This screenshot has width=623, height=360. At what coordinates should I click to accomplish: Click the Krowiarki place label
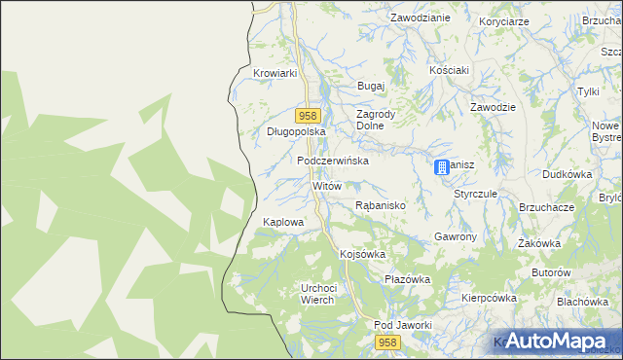pos(274,73)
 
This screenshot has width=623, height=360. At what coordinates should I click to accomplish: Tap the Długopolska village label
pos(295,131)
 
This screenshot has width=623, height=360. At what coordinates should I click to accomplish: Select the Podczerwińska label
pos(333,161)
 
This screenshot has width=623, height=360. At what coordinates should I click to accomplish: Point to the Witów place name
pos(326,185)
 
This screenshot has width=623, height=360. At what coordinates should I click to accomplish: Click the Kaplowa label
pos(283,222)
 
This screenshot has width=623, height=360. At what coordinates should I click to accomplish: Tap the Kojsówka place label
pos(363,254)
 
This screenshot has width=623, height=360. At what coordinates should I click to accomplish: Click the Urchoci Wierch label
pos(318,294)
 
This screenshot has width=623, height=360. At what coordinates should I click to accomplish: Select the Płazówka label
pos(407,279)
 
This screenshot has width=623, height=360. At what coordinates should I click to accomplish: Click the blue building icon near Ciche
pos(442,167)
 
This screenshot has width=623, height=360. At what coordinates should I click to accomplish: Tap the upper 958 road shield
pos(311,114)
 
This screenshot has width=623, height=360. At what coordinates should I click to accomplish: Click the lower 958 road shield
pos(388,342)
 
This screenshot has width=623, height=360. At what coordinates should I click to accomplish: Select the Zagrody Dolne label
pos(376,120)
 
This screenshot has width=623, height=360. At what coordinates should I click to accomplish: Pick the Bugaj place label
pos(372,87)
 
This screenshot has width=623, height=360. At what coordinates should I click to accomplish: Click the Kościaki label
pos(450,71)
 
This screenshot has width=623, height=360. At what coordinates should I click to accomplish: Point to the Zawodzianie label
pos(420,18)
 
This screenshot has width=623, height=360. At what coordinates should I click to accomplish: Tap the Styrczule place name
pos(475,194)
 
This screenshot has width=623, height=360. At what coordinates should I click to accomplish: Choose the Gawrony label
pos(455,237)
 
